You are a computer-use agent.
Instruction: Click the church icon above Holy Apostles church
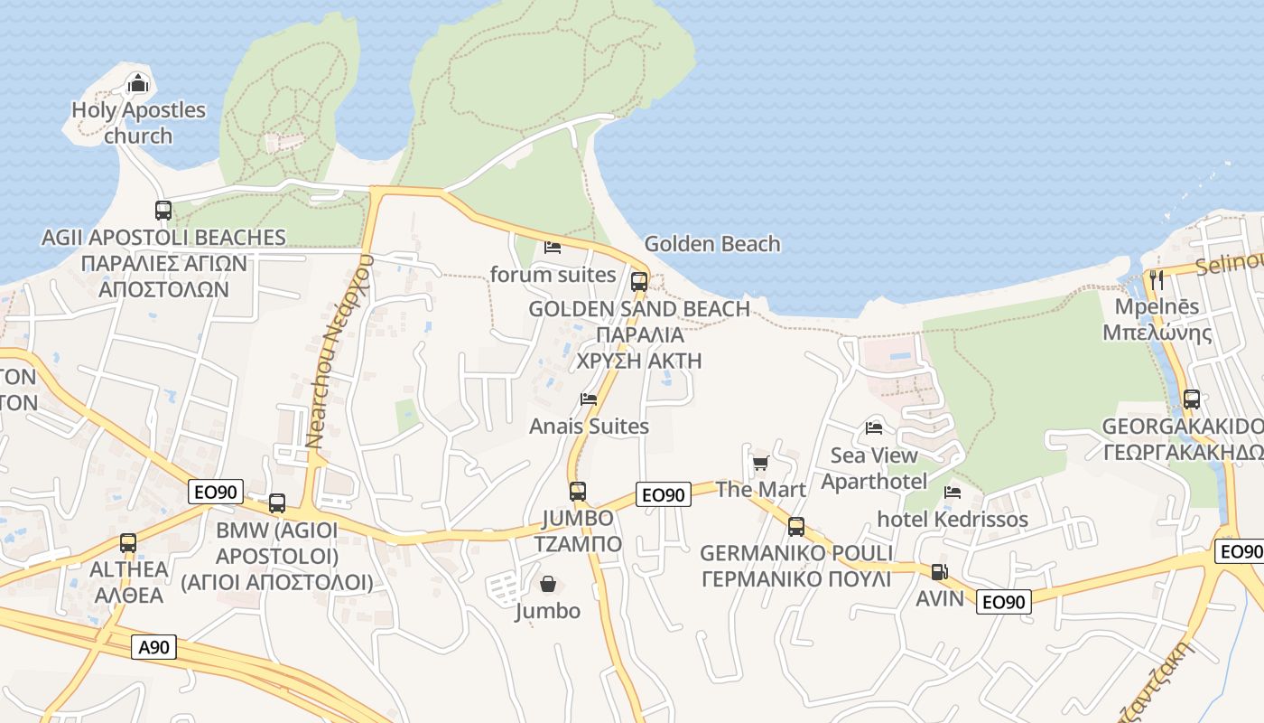137,84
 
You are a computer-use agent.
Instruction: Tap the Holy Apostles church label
138,123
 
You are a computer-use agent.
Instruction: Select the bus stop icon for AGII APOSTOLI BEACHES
163,211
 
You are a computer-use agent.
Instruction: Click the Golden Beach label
712,244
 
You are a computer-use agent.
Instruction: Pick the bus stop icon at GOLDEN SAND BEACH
639,281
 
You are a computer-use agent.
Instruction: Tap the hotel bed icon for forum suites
553,247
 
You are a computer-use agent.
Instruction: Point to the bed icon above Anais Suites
589,399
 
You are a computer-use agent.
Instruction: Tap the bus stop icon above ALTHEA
128,543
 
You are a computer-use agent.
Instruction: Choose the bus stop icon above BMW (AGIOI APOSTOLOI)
277,503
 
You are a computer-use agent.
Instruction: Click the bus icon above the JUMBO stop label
578,492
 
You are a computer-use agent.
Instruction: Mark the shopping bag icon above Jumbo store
547,584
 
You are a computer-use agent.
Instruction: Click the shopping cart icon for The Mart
760,464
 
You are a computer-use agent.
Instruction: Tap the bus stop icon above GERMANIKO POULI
795,527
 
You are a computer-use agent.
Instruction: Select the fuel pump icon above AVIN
940,572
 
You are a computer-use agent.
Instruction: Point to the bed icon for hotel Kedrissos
953,493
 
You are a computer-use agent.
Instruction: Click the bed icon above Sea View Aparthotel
874,427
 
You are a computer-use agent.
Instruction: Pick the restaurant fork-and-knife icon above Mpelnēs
1157,279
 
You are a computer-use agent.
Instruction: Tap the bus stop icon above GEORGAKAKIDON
1192,399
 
